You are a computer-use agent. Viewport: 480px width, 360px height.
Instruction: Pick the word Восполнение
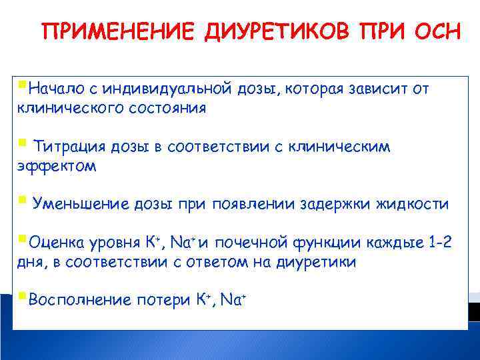pyautogui.click(x=75, y=300)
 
